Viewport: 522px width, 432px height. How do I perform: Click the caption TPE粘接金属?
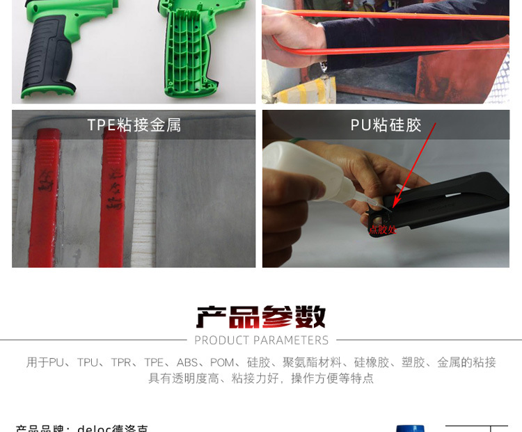134,125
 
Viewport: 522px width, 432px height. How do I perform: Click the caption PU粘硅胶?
386,125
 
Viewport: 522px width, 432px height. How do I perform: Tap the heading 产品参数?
261,317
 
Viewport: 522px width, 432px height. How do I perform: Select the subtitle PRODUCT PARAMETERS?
261,340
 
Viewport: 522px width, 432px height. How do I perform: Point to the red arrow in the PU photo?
415,164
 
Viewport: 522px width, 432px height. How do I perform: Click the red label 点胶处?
382,229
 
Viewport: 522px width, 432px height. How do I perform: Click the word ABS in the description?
187,362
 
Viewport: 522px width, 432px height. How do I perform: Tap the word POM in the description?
222,362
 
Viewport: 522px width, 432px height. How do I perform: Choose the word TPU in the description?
88,362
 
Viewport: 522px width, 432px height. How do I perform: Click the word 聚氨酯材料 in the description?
313,362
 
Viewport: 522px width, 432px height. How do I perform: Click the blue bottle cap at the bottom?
410,429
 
